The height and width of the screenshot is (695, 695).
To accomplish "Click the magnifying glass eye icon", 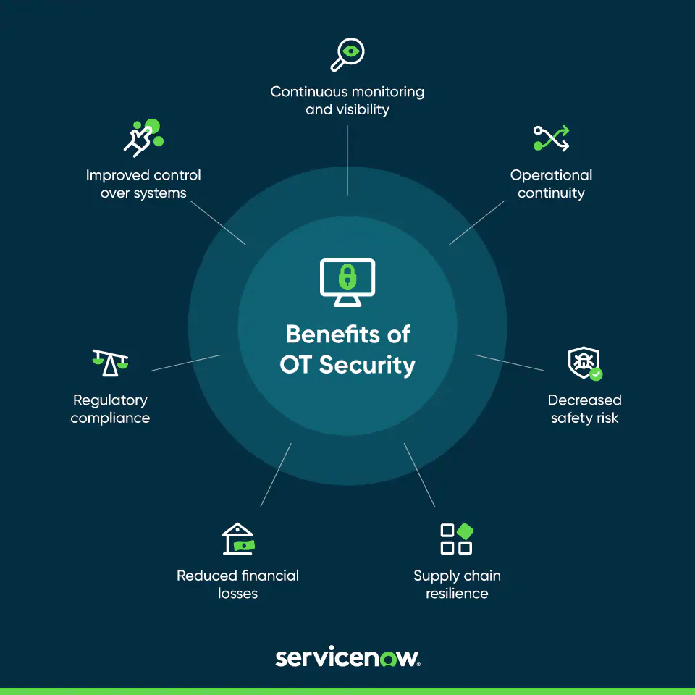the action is click(347, 54).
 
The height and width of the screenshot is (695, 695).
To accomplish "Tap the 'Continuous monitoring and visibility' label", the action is click(347, 101).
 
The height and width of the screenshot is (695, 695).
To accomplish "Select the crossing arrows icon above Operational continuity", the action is click(551, 138).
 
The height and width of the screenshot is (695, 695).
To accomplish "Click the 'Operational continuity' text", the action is click(551, 184).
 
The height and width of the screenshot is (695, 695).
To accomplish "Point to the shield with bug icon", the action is click(584, 362).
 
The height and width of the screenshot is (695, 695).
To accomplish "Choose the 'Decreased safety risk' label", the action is click(584, 408).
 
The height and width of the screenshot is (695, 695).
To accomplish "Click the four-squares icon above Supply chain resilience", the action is click(457, 539).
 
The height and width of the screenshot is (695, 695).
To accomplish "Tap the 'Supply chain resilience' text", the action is click(457, 584).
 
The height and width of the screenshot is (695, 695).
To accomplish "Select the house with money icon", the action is click(238, 539).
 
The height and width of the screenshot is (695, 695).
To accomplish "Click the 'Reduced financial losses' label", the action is click(237, 584).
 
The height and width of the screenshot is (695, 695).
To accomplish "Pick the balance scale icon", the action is click(110, 363).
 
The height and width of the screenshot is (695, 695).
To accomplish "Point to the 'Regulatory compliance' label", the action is click(110, 408).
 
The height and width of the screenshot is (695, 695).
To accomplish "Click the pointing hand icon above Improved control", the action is click(143, 138).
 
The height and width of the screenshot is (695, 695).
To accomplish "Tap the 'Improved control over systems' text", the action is click(143, 184).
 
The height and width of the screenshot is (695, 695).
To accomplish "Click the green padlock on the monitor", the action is click(347, 277).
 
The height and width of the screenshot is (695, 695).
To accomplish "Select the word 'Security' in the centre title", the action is click(367, 365).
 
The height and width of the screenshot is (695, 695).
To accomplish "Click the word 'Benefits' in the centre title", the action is click(333, 334).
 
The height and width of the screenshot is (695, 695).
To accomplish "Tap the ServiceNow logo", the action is click(347, 657).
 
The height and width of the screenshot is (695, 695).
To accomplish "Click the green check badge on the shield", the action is click(596, 374).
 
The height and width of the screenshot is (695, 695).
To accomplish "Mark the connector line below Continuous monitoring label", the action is click(347, 160).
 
